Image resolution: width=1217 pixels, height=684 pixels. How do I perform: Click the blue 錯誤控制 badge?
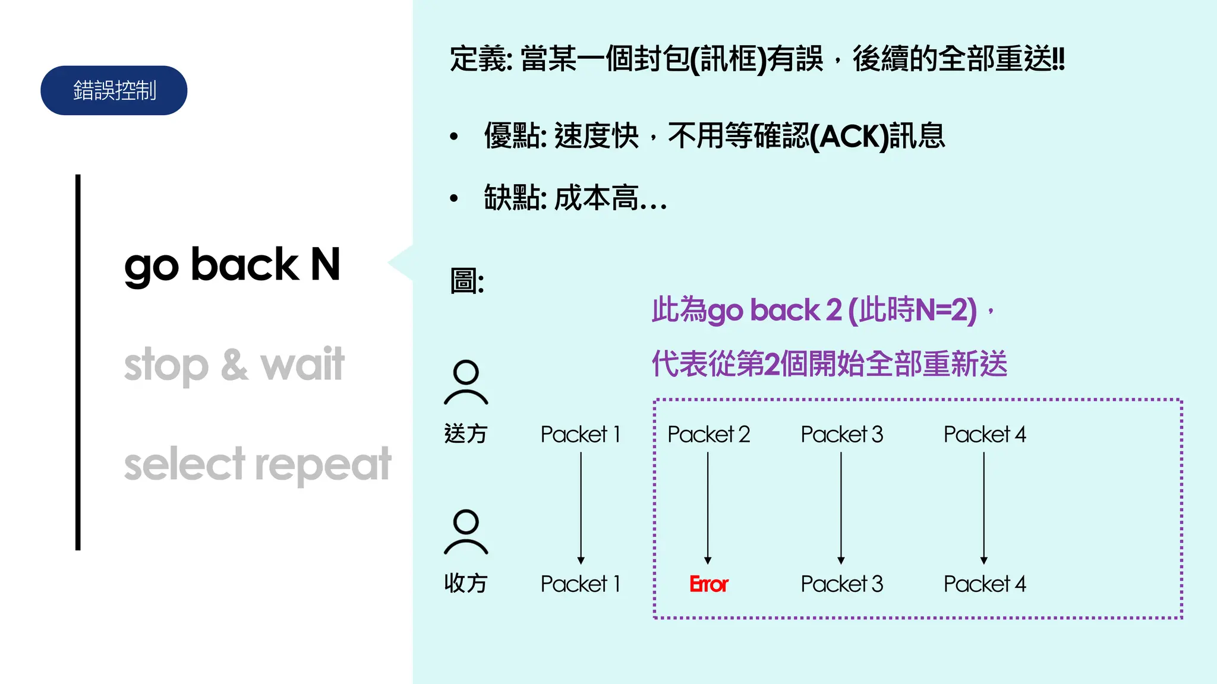pos(113,90)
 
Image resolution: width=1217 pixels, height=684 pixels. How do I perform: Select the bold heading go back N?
pos(232,265)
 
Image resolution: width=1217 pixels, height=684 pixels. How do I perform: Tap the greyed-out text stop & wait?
pos(234,364)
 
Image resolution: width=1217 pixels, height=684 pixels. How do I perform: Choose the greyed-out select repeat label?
pos(257,464)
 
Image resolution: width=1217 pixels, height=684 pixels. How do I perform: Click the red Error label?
pos(708,584)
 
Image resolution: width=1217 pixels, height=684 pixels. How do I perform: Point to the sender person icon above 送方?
pos(466,382)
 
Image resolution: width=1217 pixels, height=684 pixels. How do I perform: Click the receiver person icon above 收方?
pos(466,532)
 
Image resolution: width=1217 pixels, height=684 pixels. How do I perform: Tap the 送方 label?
pos(465,434)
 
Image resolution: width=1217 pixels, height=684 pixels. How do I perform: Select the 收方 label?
pos(465,584)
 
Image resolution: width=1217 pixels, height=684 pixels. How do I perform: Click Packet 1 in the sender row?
pos(581,435)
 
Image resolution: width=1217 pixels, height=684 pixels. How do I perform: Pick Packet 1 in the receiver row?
pos(581,584)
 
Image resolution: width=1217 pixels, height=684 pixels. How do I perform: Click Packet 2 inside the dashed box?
pos(708,435)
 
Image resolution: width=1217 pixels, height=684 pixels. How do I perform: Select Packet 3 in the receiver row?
pos(841,584)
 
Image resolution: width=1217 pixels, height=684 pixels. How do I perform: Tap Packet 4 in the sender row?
pos(985,435)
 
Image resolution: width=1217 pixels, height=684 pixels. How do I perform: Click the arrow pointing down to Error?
pos(708,508)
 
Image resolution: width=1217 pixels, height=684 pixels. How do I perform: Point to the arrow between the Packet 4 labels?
pos(984,508)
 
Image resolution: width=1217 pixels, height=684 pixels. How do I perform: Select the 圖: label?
pos(467,281)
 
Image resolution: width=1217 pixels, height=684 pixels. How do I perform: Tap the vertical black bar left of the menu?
pos(78,362)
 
